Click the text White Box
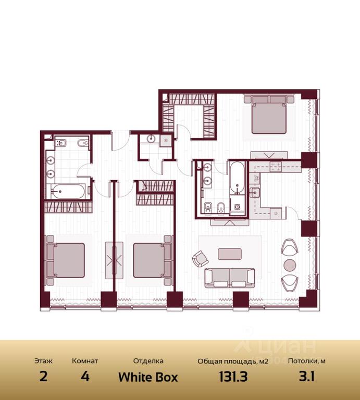[x=148, y=377]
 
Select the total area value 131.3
[x=233, y=377]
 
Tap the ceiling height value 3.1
[x=307, y=377]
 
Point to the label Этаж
[x=43, y=361]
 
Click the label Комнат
[x=85, y=361]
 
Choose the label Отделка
[x=148, y=361]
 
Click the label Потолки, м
[x=307, y=361]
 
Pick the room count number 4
[x=85, y=377]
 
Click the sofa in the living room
[x=230, y=278]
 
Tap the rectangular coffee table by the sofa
[x=230, y=254]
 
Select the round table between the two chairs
[x=290, y=265]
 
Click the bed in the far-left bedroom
[x=65, y=260]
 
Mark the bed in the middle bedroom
[x=153, y=260]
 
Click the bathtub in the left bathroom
[x=68, y=191]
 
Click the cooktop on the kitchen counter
[x=276, y=166]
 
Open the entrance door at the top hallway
[x=121, y=141]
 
